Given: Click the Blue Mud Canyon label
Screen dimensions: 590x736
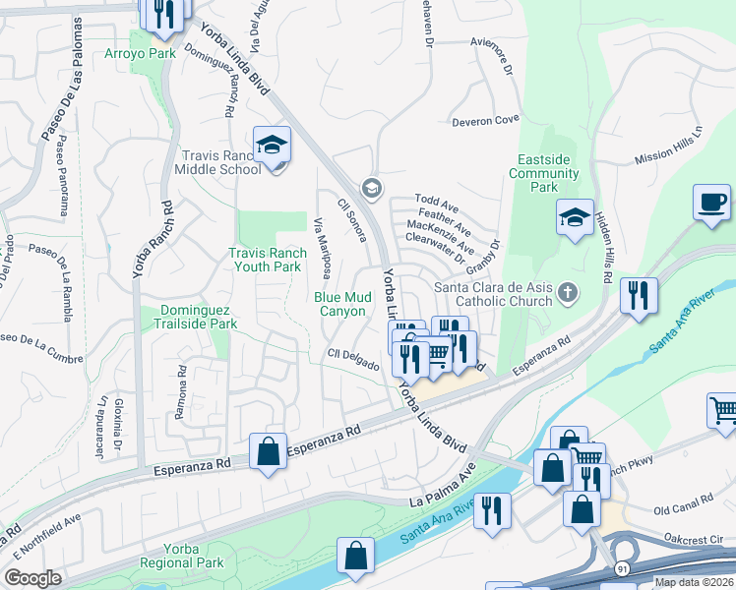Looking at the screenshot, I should coord(339,304).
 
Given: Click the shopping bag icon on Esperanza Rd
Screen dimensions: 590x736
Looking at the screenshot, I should coord(268,452).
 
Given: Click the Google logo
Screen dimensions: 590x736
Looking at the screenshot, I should coord(32,578).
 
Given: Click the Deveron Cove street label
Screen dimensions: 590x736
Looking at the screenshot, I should coord(485,121).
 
